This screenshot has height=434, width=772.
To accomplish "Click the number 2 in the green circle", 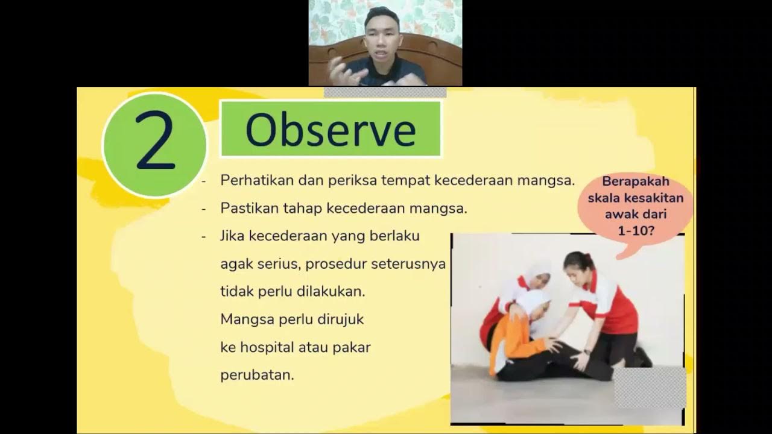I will [x=155, y=143].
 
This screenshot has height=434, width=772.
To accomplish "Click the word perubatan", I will [x=257, y=375].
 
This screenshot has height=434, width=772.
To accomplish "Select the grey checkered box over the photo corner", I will [x=650, y=386].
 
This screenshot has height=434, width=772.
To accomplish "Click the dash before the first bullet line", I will [x=204, y=181].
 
